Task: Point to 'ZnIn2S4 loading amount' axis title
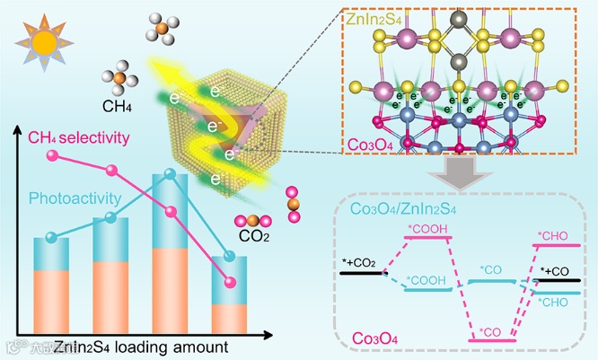pyautogui.click(x=141, y=346)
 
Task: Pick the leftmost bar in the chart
pyautogui.click(x=52, y=285)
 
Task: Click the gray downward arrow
pyautogui.click(x=465, y=170)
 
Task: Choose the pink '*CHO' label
pyautogui.click(x=551, y=236)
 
